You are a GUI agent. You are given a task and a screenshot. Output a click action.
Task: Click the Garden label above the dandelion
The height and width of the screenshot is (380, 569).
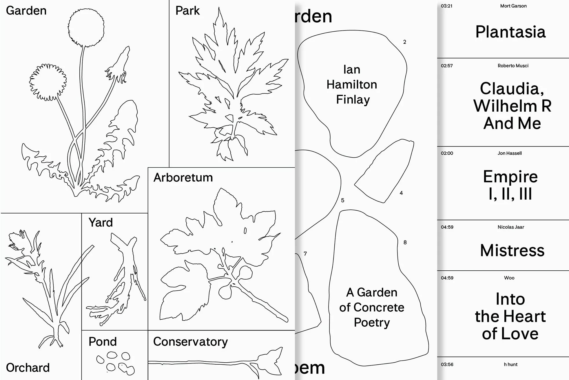tap(26, 11)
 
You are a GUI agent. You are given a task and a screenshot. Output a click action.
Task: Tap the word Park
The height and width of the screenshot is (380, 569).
tap(187, 11)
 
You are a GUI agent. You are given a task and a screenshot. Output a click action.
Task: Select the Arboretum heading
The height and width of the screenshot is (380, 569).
tap(183, 178)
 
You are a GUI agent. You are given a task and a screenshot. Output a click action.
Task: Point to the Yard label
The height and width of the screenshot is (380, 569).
tap(101, 223)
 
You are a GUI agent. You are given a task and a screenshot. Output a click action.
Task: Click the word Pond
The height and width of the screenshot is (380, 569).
tap(103, 342)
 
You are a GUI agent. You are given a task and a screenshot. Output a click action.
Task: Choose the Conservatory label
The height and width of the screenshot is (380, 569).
tap(190, 342)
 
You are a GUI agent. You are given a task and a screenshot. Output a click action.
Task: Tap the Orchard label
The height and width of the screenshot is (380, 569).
tap(28, 368)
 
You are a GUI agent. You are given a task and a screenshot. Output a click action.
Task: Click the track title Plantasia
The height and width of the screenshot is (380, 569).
tap(510, 32)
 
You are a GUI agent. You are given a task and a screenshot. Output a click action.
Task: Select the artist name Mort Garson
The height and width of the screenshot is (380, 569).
tap(513, 6)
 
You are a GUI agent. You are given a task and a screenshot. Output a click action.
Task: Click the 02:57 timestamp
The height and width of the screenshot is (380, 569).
tap(447, 66)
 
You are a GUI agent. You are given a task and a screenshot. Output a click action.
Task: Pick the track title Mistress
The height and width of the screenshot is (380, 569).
tap(512, 250)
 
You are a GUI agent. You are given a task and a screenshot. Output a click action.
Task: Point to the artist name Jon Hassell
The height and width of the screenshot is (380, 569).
tap(510, 153)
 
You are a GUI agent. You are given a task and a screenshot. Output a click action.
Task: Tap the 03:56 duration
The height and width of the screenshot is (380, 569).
tap(447, 365)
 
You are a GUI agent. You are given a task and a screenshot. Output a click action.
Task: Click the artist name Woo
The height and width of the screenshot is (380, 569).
tap(509, 278)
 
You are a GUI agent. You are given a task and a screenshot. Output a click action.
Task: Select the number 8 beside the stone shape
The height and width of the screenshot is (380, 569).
tap(405, 243)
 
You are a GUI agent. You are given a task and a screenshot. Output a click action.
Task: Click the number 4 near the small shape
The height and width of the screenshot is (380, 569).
tap(401, 193)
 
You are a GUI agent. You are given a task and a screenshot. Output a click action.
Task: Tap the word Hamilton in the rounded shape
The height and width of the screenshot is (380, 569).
tap(352, 85)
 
